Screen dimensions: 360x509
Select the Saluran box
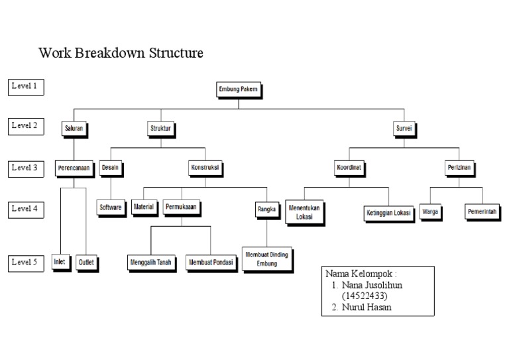pyautogui.click(x=74, y=128)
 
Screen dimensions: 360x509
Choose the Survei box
pyautogui.click(x=404, y=128)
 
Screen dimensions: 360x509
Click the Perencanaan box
pyautogui.click(x=73, y=168)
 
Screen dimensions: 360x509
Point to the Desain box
pyautogui.click(x=111, y=168)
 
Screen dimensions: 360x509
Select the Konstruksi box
pyautogui.click(x=205, y=168)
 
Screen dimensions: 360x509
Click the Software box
pyautogui.click(x=111, y=208)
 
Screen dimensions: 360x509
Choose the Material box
pyautogui.click(x=144, y=207)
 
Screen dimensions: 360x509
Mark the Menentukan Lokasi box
pyautogui.click(x=304, y=212)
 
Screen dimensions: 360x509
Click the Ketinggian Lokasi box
pyautogui.click(x=388, y=213)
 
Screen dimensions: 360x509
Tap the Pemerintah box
pyautogui.click(x=481, y=212)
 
